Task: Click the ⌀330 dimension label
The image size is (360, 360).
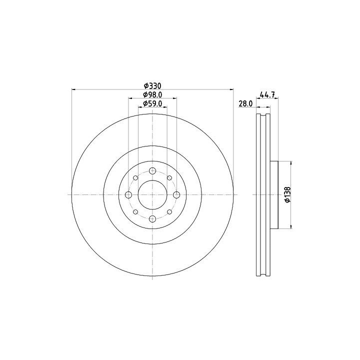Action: coord(152,86)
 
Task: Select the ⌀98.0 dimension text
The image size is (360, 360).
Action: coord(152,94)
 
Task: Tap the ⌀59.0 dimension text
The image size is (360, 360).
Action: coord(152,104)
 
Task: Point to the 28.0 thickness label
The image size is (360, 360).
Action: coord(245,104)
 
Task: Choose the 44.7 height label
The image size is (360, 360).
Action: coord(267,94)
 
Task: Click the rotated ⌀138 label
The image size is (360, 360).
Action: coord(287,194)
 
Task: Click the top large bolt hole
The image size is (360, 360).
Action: coord(152,171)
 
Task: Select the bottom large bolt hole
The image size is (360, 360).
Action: coord(152,219)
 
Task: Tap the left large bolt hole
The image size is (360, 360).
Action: coord(128,195)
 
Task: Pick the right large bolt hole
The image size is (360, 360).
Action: coord(176,195)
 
